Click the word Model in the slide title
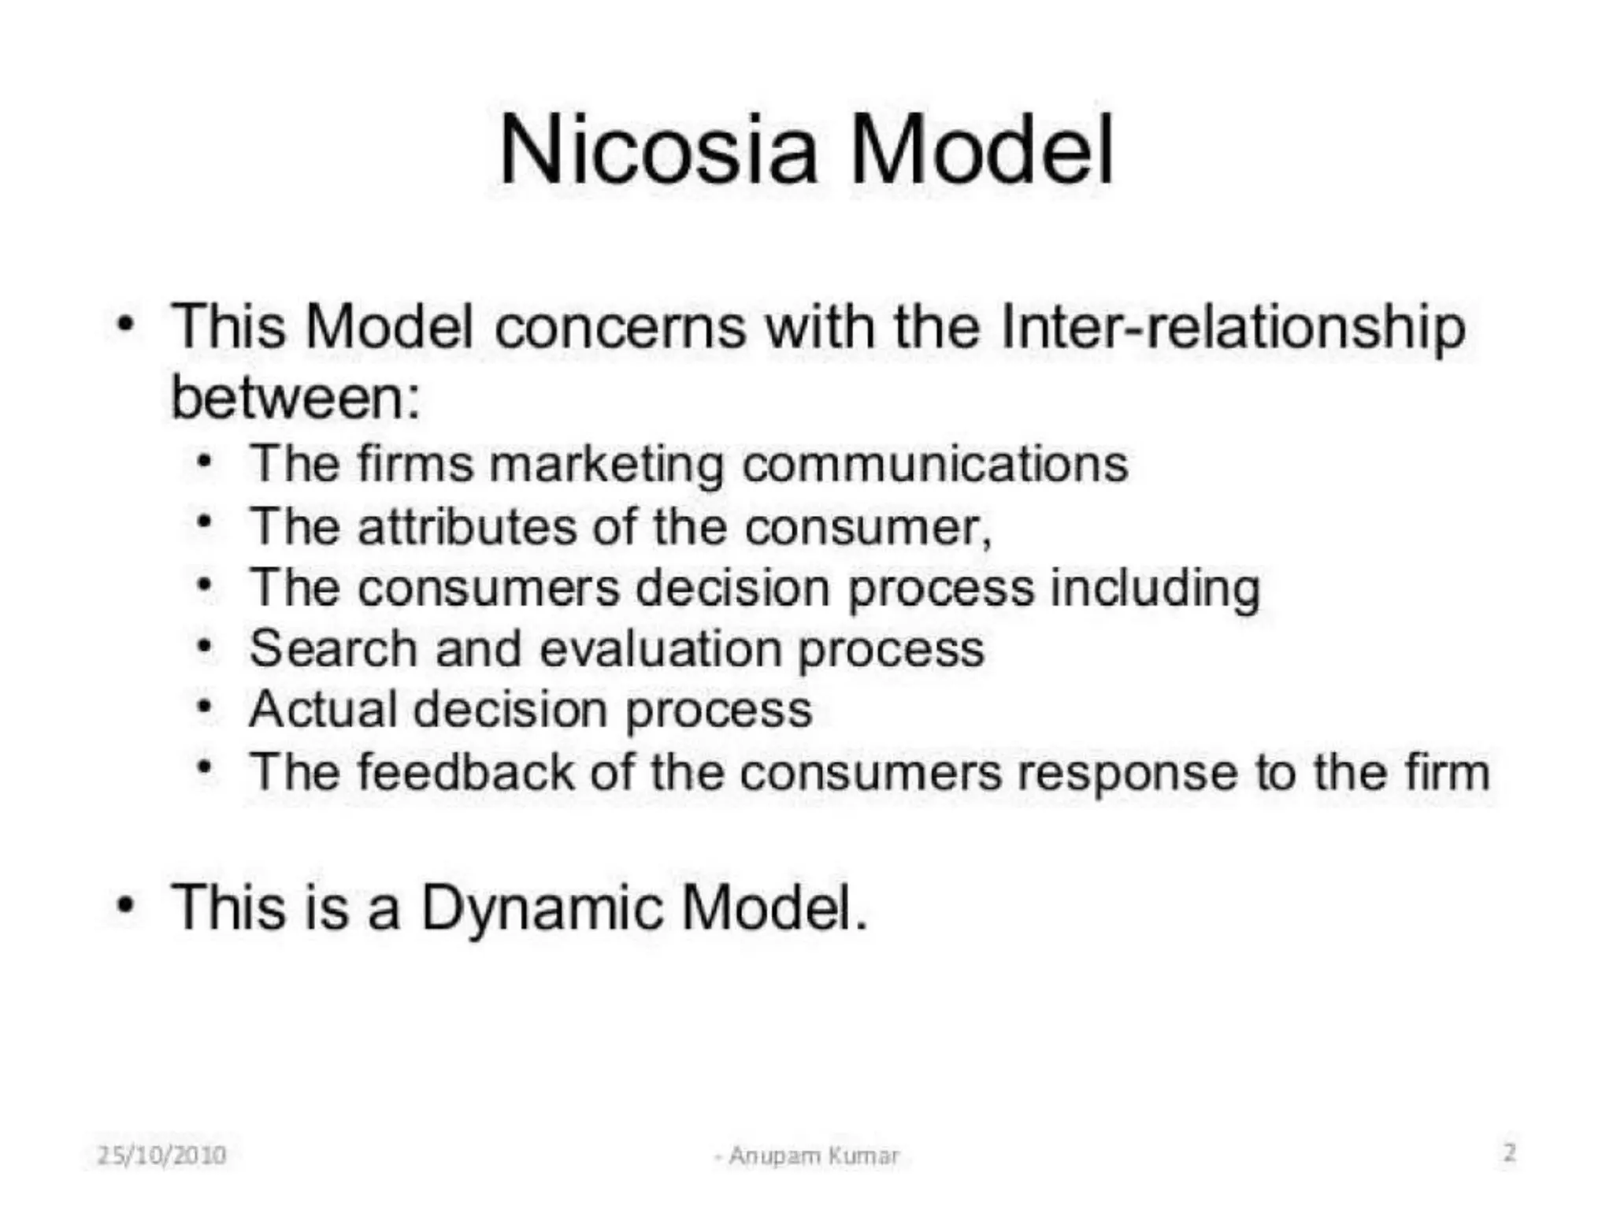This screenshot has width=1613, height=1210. click(x=981, y=150)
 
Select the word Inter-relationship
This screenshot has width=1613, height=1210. click(x=1233, y=327)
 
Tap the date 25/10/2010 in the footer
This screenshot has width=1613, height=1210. click(x=161, y=1155)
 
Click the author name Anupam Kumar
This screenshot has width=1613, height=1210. click(x=813, y=1156)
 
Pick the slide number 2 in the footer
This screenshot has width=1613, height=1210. click(x=1509, y=1152)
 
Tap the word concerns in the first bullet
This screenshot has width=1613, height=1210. click(x=620, y=327)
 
